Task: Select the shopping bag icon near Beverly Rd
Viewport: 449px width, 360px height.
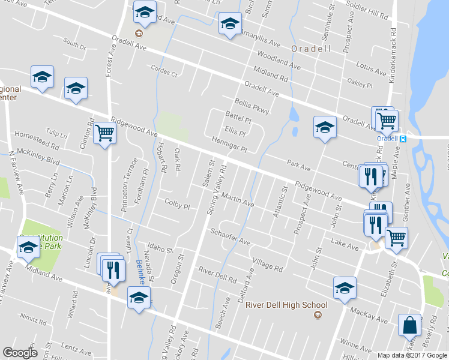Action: tap(410, 325)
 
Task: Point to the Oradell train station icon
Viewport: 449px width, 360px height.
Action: tap(403, 139)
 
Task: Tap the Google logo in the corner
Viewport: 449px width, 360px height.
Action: tap(20, 352)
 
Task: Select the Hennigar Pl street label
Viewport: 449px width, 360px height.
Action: tap(229, 144)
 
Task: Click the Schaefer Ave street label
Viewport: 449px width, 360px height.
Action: tap(229, 236)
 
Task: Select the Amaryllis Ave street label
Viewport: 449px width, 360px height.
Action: tap(261, 41)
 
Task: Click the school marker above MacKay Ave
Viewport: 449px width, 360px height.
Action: tap(345, 288)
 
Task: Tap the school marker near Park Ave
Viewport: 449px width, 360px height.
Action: tap(325, 127)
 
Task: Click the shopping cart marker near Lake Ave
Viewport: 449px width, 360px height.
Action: tap(396, 238)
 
